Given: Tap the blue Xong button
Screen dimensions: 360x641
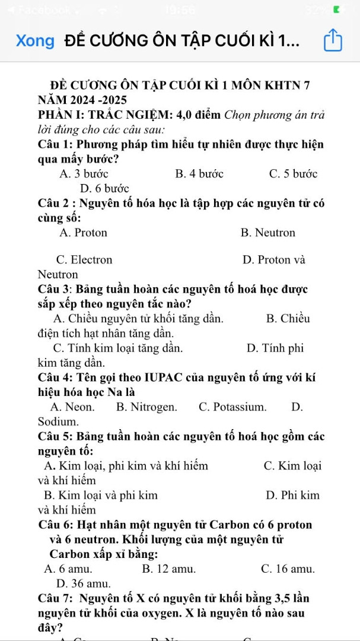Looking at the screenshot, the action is [x=35, y=41].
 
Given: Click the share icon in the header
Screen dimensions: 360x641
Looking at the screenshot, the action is [x=333, y=41].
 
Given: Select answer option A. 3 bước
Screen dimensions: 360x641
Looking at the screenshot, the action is [x=84, y=174].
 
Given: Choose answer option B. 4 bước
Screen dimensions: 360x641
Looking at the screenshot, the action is [x=199, y=174].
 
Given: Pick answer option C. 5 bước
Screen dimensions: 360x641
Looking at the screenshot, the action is [x=293, y=174].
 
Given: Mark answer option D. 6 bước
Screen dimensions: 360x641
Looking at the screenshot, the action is [x=104, y=189].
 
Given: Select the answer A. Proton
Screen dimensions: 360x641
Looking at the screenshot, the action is [x=84, y=233].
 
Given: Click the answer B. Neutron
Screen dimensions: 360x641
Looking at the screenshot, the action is [x=268, y=233].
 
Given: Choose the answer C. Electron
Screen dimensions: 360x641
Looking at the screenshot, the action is [x=84, y=260].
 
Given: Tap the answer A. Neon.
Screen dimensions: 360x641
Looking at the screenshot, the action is [x=72, y=407].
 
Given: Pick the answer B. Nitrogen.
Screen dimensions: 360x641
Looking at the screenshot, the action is [x=146, y=407].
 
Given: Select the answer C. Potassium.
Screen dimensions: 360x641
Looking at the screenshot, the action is [x=232, y=407].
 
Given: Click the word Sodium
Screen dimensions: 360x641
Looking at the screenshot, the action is [x=58, y=422].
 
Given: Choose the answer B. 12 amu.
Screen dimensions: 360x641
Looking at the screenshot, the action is [x=169, y=569].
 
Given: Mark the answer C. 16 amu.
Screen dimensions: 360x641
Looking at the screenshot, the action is [x=288, y=569].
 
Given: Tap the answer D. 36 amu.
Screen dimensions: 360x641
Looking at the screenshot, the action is [x=83, y=583].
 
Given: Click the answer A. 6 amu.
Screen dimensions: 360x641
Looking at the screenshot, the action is [x=68, y=569].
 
